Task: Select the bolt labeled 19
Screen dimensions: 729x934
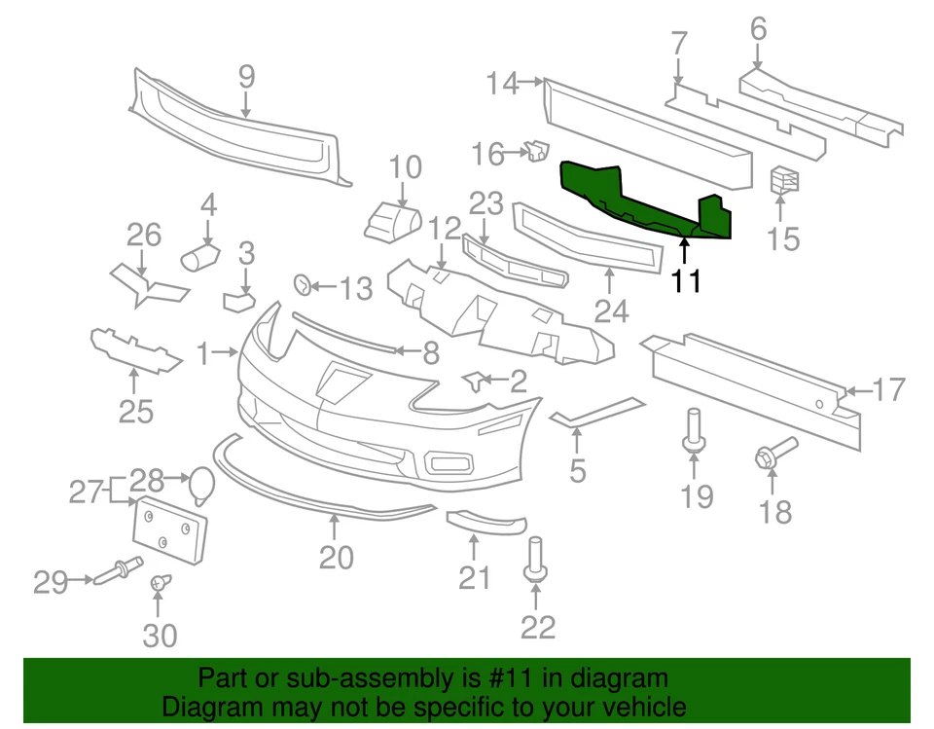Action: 695,431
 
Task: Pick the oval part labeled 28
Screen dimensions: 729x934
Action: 202,484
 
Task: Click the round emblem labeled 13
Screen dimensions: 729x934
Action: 303,285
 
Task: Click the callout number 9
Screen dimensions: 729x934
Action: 245,76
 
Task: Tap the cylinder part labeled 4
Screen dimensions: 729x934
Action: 201,257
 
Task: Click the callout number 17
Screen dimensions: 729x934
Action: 888,390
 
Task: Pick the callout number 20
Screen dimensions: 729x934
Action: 336,557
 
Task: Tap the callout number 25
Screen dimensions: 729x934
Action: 136,412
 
